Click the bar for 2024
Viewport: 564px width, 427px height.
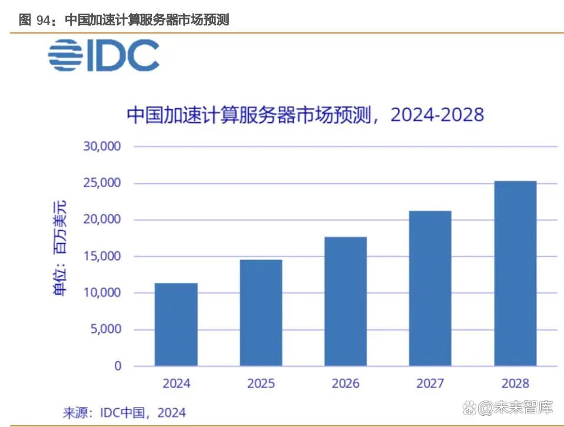[176, 325]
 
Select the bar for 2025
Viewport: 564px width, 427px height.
[261, 313]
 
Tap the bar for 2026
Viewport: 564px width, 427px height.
[346, 301]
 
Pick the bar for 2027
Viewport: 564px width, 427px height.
[430, 288]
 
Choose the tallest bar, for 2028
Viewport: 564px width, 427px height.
[515, 273]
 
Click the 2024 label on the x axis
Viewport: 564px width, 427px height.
[176, 383]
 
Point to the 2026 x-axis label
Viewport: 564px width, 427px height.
[346, 383]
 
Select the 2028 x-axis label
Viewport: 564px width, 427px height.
[515, 383]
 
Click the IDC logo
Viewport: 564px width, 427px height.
[104, 56]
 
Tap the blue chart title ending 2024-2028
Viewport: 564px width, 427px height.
[305, 114]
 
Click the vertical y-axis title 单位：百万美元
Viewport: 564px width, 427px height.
[61, 248]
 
